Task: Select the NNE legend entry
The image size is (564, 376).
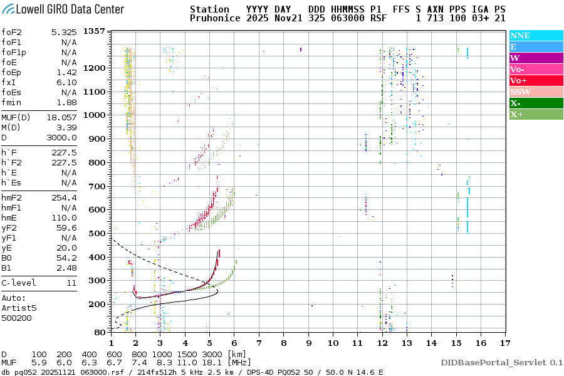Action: (520, 36)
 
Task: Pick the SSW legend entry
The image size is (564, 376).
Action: (520, 92)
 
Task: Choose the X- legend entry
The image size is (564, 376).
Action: (515, 103)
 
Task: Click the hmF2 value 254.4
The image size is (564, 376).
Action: (65, 197)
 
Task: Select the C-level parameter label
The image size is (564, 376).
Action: (19, 283)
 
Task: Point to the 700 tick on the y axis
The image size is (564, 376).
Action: (97, 186)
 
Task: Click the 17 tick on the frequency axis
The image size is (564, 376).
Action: (505, 343)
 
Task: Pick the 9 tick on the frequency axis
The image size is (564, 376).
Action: (308, 343)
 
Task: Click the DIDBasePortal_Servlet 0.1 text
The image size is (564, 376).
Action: (501, 362)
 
